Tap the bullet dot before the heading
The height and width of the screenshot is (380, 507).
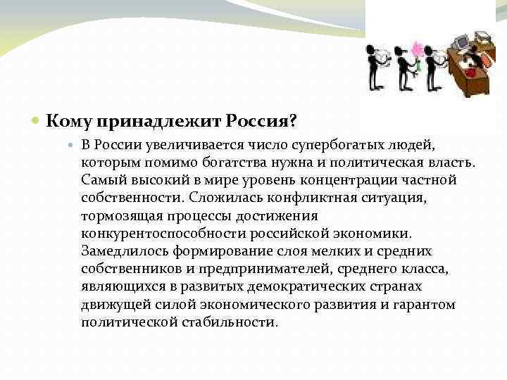[37, 121]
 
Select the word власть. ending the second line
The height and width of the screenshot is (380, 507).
[452, 163]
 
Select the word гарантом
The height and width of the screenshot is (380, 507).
[426, 305]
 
